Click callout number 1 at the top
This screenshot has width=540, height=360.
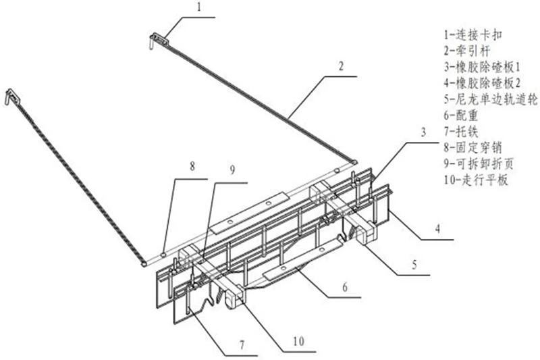pos(198,7)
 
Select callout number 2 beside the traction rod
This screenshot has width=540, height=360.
pos(341,66)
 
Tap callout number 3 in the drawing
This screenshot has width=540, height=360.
pos(423,132)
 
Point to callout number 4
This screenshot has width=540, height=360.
pos(437,229)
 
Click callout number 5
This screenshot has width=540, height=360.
pos(414,265)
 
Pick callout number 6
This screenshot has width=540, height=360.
pos(345,287)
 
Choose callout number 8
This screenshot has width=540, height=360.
pos(192,167)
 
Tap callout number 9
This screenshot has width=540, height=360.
pos(232,170)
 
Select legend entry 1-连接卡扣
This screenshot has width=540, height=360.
pos(473,34)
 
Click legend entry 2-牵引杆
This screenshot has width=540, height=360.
pos(466,51)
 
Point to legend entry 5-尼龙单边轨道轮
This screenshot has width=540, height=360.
pos(491,99)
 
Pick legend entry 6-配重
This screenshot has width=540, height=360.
pos(461,115)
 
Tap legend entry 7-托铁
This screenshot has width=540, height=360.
pos(461,132)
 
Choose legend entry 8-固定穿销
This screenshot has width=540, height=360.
pos(473,148)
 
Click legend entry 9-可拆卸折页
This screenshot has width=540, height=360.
pos(479,164)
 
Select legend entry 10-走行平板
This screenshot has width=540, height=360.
pos(476,180)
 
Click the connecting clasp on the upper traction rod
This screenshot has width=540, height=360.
pos(159,40)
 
